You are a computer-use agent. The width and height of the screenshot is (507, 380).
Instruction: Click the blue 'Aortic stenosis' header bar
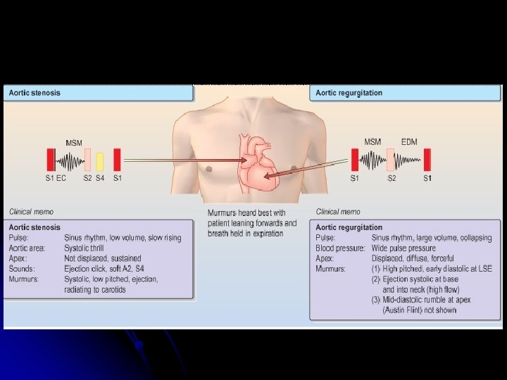[98, 93]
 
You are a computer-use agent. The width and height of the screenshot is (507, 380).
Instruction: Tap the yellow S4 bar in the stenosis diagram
[100, 161]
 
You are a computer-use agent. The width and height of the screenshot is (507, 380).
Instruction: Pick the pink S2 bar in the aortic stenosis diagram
[87, 160]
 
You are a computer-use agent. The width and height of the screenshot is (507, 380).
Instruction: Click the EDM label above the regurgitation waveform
[409, 142]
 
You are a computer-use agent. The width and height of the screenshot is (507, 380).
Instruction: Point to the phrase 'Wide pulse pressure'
[403, 248]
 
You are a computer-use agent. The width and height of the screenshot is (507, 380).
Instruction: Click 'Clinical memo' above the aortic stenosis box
[31, 212]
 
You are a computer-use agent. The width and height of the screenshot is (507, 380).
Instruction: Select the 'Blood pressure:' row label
[340, 248]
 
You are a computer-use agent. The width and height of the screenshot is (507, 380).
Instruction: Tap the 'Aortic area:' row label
[29, 248]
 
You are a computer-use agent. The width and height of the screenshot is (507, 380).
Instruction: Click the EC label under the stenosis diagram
[61, 179]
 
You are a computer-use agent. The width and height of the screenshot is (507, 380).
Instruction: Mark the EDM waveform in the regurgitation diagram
[408, 161]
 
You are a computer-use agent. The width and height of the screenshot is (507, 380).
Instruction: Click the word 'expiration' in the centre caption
[259, 233]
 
